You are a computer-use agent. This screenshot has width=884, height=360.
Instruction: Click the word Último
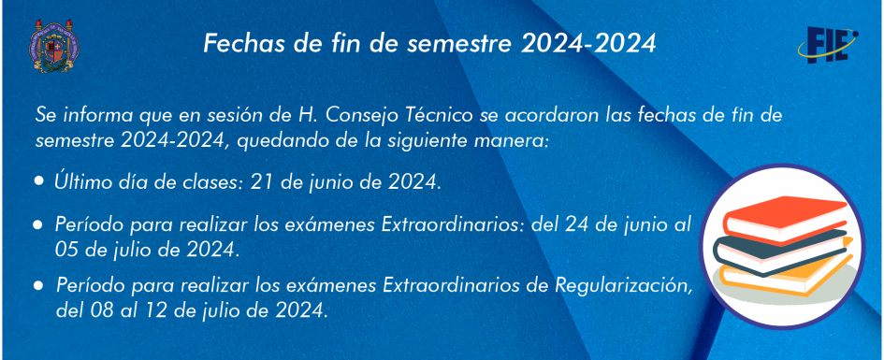[80, 181]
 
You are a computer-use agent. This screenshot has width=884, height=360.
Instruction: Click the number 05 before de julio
[67, 249]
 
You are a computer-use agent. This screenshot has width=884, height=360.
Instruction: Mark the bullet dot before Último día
[39, 181]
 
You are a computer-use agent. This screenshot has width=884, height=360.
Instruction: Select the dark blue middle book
[781, 251]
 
